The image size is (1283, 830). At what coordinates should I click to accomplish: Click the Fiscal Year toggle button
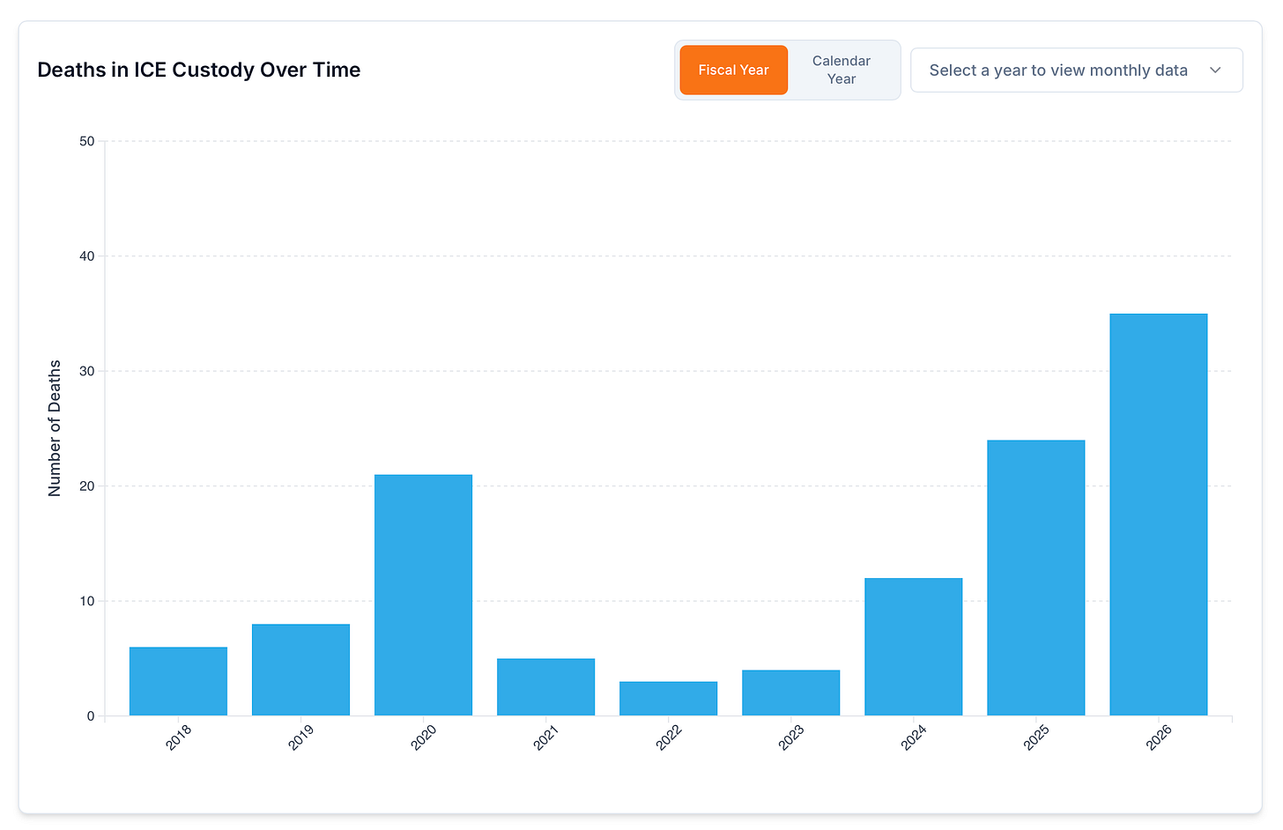click(733, 70)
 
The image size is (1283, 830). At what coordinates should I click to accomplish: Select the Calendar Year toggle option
click(841, 70)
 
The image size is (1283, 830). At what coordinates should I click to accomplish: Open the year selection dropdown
click(1076, 70)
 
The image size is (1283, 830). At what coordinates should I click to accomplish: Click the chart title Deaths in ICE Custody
click(199, 70)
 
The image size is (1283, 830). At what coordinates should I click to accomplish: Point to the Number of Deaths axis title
click(55, 428)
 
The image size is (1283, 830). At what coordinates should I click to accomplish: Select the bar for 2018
click(178, 681)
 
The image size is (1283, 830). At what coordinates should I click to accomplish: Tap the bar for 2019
click(300, 670)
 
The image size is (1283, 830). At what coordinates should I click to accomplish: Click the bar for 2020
click(423, 595)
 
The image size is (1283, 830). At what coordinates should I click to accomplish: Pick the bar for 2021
click(545, 686)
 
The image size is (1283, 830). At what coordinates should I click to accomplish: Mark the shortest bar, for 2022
click(669, 698)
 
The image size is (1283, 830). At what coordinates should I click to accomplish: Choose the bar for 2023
click(791, 693)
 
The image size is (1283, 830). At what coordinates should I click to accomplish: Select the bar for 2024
click(914, 647)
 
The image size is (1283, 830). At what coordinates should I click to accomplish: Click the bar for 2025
click(1036, 577)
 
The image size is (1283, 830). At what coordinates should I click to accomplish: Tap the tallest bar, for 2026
click(1159, 515)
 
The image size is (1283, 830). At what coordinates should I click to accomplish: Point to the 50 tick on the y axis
click(87, 141)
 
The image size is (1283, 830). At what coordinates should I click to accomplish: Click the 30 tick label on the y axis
click(87, 371)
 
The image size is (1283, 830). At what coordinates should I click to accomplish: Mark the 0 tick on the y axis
click(91, 716)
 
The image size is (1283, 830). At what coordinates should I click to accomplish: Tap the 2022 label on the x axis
click(669, 737)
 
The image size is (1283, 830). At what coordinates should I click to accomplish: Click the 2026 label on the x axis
click(1159, 737)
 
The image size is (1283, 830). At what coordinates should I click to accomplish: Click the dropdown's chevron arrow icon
click(1215, 70)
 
